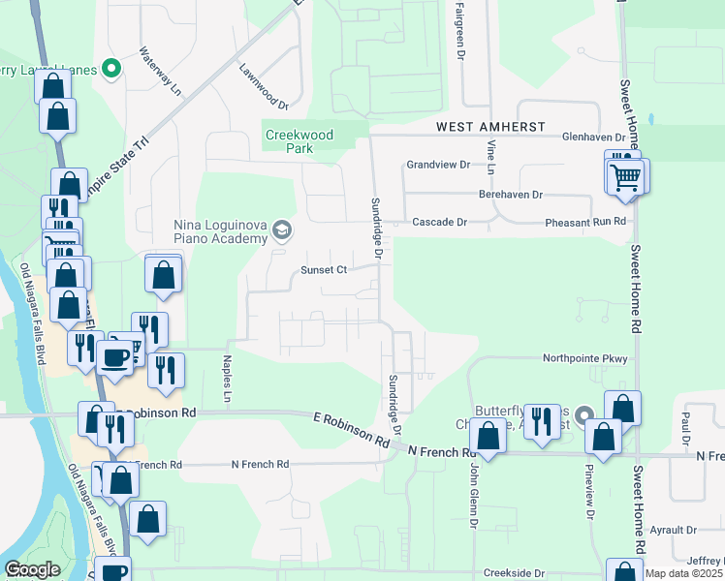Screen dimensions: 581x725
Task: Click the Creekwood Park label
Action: pyautogui.click(x=299, y=141)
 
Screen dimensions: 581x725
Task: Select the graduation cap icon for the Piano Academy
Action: pyautogui.click(x=282, y=229)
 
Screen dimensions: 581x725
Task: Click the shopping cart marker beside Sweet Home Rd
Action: pyautogui.click(x=627, y=177)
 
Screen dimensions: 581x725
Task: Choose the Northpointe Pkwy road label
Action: pyautogui.click(x=584, y=358)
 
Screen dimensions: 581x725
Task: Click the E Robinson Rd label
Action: pyautogui.click(x=351, y=428)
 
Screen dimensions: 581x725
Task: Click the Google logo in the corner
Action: pyautogui.click(x=32, y=569)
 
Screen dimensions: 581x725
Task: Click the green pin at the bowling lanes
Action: pyautogui.click(x=111, y=69)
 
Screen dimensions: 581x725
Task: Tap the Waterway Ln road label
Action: pyautogui.click(x=161, y=70)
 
